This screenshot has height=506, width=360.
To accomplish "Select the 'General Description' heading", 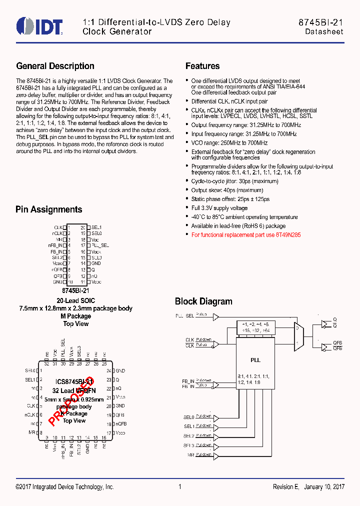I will point(55,66).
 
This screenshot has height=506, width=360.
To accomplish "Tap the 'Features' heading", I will point(202,66).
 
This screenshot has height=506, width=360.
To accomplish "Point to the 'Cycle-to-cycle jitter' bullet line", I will point(234,181).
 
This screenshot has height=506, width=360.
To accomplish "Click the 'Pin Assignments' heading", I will point(48,209).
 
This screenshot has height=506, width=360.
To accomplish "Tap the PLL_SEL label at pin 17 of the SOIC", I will point(100,245).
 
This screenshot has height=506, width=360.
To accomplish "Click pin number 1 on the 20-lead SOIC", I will point(69,227).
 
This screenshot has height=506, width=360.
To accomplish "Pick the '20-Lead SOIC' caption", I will point(75,301).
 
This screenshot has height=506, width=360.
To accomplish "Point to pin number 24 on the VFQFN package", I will point(108,370).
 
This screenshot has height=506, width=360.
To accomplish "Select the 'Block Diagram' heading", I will point(203,301).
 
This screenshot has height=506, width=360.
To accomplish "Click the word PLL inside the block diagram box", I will point(255,360).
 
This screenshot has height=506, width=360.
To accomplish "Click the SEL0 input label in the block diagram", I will point(188,416).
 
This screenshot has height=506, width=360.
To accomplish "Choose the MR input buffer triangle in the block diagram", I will point(216,454).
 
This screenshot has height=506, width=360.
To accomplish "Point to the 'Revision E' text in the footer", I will point(285,487).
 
